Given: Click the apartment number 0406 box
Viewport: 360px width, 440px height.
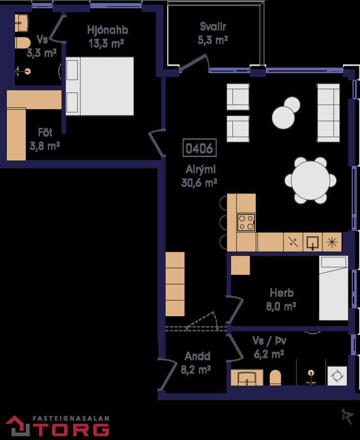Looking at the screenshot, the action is (x=200, y=148).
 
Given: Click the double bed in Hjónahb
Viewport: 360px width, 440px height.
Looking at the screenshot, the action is (x=100, y=86).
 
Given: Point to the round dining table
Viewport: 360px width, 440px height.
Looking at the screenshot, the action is (x=310, y=180).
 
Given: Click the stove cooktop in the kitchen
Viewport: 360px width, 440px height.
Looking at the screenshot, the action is (x=246, y=222).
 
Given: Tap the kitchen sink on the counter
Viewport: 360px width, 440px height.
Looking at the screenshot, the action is (x=313, y=242).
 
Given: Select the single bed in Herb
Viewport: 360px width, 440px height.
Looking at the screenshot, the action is (x=333, y=288).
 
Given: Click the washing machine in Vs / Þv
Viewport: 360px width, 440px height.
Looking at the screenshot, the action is (x=337, y=376).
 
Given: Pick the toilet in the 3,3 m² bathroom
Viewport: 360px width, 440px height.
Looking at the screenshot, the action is (x=22, y=43).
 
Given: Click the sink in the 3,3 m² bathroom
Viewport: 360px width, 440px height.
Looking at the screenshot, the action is (x=21, y=23).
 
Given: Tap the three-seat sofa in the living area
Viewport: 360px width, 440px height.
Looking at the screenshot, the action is (x=329, y=113).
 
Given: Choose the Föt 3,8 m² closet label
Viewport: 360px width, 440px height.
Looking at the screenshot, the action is (x=45, y=139).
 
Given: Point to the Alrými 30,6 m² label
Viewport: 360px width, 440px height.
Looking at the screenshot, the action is (x=200, y=176).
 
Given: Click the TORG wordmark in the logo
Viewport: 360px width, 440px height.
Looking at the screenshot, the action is (x=71, y=430).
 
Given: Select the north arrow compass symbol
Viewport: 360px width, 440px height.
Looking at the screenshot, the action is (x=347, y=416).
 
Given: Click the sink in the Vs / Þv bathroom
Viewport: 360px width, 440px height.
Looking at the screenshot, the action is (x=247, y=378).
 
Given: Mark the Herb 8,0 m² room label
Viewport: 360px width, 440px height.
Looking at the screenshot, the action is (x=281, y=299).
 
